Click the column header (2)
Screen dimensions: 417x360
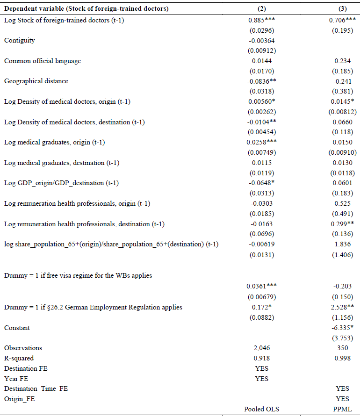pos(262,9)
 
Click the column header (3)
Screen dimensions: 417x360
pos(342,9)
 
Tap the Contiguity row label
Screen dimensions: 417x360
pos(20,40)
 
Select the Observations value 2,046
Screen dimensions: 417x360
pos(262,348)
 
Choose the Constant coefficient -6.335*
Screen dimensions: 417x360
pos(343,328)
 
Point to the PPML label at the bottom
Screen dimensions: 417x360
pos(342,409)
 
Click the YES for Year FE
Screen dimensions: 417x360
pos(262,379)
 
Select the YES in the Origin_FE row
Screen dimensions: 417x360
pos(342,399)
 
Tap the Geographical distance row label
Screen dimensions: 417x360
pos(36,81)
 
